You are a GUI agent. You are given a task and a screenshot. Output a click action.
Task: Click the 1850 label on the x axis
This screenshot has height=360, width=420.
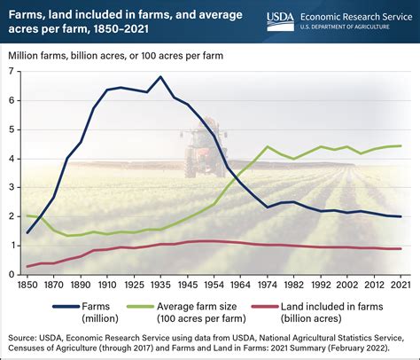[27, 285]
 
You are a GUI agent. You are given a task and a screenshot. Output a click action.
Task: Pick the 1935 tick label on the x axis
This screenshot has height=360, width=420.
[159, 285]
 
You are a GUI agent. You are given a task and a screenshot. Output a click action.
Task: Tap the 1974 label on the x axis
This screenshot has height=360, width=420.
[268, 285]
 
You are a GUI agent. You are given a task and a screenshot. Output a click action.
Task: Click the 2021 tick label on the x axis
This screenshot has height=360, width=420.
[401, 285]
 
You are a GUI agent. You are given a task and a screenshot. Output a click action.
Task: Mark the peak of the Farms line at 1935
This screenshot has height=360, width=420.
[159, 76]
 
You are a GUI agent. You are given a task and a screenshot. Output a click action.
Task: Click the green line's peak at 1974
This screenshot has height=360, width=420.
[268, 147]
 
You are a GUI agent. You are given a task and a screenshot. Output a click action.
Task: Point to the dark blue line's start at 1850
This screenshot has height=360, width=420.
[27, 232]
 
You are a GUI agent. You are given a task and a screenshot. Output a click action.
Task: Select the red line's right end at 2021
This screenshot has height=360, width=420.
[401, 248]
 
